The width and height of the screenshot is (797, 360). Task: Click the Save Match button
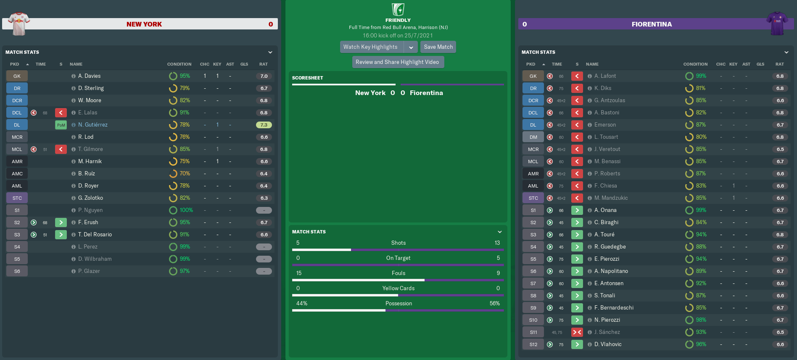point(438,47)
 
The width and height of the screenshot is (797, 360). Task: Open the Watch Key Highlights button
point(370,47)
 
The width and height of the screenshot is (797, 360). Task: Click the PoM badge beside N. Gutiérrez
point(61,125)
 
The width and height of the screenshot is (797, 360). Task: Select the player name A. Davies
point(89,76)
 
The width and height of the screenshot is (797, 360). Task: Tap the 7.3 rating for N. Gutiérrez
point(264,125)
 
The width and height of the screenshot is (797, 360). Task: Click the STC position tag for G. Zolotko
point(17,198)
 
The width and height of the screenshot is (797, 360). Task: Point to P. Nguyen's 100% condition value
point(186,210)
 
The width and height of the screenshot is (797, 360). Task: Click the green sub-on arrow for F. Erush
point(61,222)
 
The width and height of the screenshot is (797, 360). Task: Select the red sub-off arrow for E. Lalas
point(61,113)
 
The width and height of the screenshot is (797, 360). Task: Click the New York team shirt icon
point(18,24)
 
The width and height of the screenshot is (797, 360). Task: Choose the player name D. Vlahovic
point(607,344)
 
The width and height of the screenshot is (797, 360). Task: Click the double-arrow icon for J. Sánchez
point(577,332)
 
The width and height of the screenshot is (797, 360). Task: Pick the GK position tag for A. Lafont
point(533,76)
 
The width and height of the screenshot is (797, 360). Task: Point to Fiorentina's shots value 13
point(497,243)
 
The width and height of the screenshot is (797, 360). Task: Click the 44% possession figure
point(301,304)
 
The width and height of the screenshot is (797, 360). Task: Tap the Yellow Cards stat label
point(398,289)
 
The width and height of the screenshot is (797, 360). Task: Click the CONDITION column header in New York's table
point(179,64)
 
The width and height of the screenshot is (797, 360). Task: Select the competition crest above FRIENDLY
point(398,9)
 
